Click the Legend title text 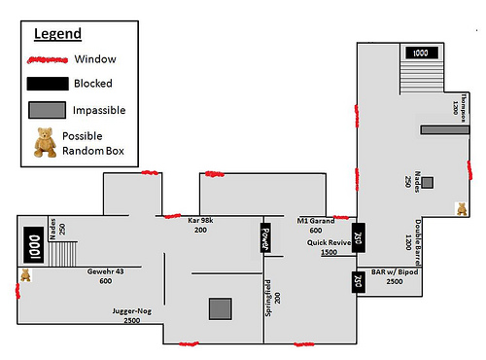(57, 34)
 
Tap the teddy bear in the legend (45, 142)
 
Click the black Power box (263, 238)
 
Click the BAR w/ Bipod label (394, 275)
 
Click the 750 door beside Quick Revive (357, 238)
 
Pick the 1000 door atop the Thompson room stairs (421, 54)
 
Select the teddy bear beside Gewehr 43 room (25, 276)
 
